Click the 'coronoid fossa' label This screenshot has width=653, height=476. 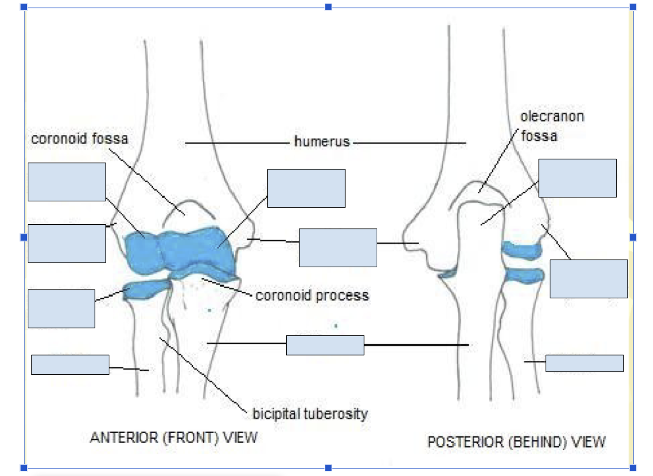point(79,139)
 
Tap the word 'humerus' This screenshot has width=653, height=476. point(322,141)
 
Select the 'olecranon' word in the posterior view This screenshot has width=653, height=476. point(553,116)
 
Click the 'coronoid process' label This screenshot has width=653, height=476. point(312,296)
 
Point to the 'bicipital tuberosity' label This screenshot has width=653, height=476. point(310,414)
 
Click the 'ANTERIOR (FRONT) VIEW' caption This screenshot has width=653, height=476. point(174,437)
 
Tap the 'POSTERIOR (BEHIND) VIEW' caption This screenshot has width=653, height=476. point(516,442)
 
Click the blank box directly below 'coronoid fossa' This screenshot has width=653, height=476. point(67,182)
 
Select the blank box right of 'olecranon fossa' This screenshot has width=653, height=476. point(577,178)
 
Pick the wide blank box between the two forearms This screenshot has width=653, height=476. point(325,345)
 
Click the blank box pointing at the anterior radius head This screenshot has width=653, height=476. point(62,309)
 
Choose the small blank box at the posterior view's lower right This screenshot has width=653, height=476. point(584,363)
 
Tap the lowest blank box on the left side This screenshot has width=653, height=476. point(70,365)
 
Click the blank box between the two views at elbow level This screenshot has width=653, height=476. point(338,248)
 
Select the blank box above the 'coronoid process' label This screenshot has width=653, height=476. point(306,189)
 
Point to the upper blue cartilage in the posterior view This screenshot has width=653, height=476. point(522,250)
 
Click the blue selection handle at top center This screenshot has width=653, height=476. point(328,7)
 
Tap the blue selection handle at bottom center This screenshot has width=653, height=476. point(328,468)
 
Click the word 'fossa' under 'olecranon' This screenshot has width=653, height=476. point(539,136)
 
